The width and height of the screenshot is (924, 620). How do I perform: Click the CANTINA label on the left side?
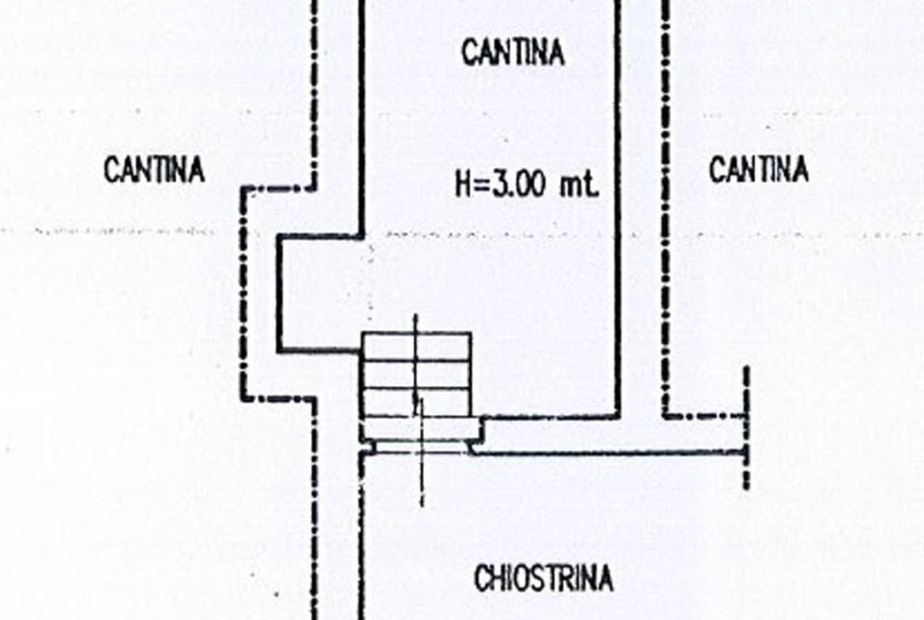pyautogui.click(x=154, y=170)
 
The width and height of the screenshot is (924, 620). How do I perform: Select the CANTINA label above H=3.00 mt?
pyautogui.click(x=513, y=53)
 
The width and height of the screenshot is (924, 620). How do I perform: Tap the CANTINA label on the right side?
pyautogui.click(x=759, y=170)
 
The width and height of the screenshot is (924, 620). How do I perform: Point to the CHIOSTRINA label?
pyautogui.click(x=543, y=579)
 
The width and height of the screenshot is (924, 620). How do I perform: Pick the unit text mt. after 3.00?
pyautogui.click(x=580, y=186)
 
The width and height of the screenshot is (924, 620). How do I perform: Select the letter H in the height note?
pyautogui.click(x=464, y=186)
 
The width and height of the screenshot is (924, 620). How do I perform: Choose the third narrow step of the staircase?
pyautogui.click(x=416, y=402)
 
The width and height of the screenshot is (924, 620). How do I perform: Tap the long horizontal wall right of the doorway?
pyautogui.click(x=608, y=453)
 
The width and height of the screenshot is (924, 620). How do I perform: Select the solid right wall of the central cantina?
pyautogui.click(x=618, y=213)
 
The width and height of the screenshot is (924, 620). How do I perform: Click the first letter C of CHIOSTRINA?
pyautogui.click(x=481, y=579)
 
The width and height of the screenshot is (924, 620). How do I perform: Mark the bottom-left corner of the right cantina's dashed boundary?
pyautogui.click(x=666, y=416)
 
